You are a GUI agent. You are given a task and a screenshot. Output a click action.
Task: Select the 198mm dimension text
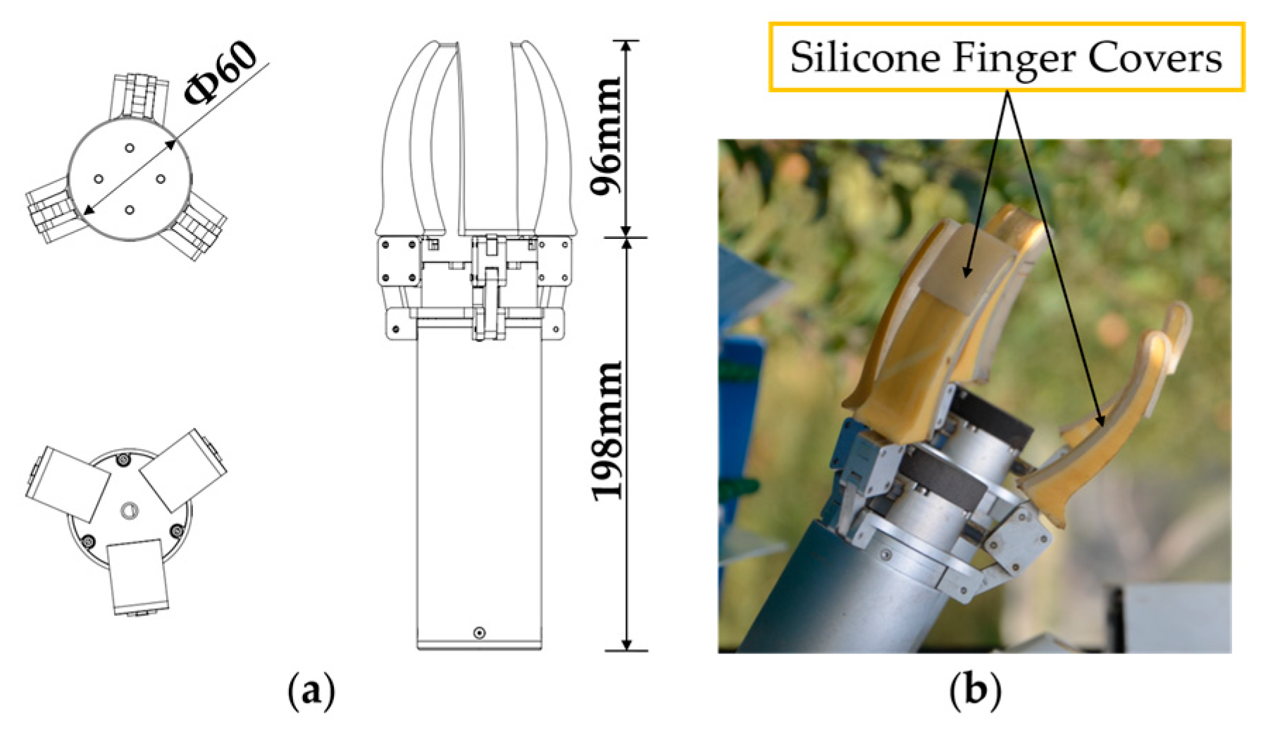607,431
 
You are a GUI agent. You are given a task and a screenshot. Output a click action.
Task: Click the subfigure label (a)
311,691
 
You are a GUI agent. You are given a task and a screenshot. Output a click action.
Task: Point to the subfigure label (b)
975,691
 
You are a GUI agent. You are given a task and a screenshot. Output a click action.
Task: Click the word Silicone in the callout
864,57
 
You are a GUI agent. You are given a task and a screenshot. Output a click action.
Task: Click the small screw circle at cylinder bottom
479,632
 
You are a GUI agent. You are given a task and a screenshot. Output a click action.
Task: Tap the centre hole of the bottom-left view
129,510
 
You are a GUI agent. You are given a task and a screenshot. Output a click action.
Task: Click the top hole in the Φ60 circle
130,148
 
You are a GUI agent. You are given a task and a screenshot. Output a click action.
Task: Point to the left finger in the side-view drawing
412,141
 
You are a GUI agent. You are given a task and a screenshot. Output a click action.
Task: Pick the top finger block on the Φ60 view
139,95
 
